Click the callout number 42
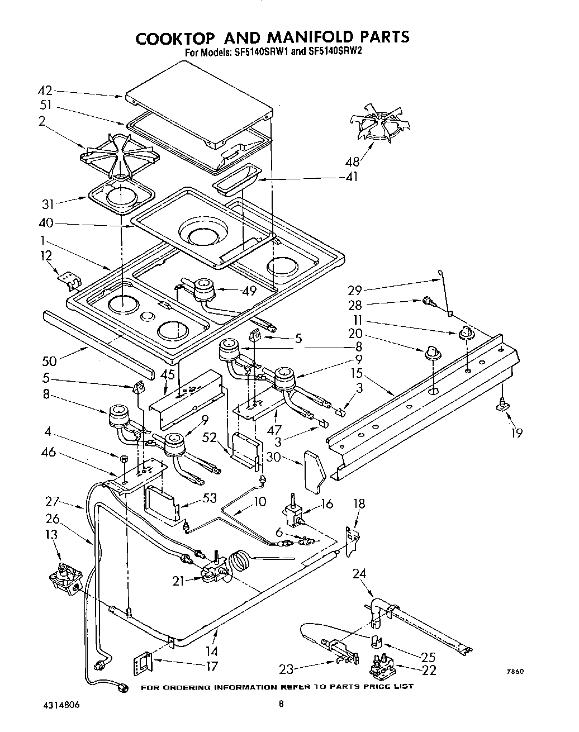44,91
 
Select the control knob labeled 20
431,353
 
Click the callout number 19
518,432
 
